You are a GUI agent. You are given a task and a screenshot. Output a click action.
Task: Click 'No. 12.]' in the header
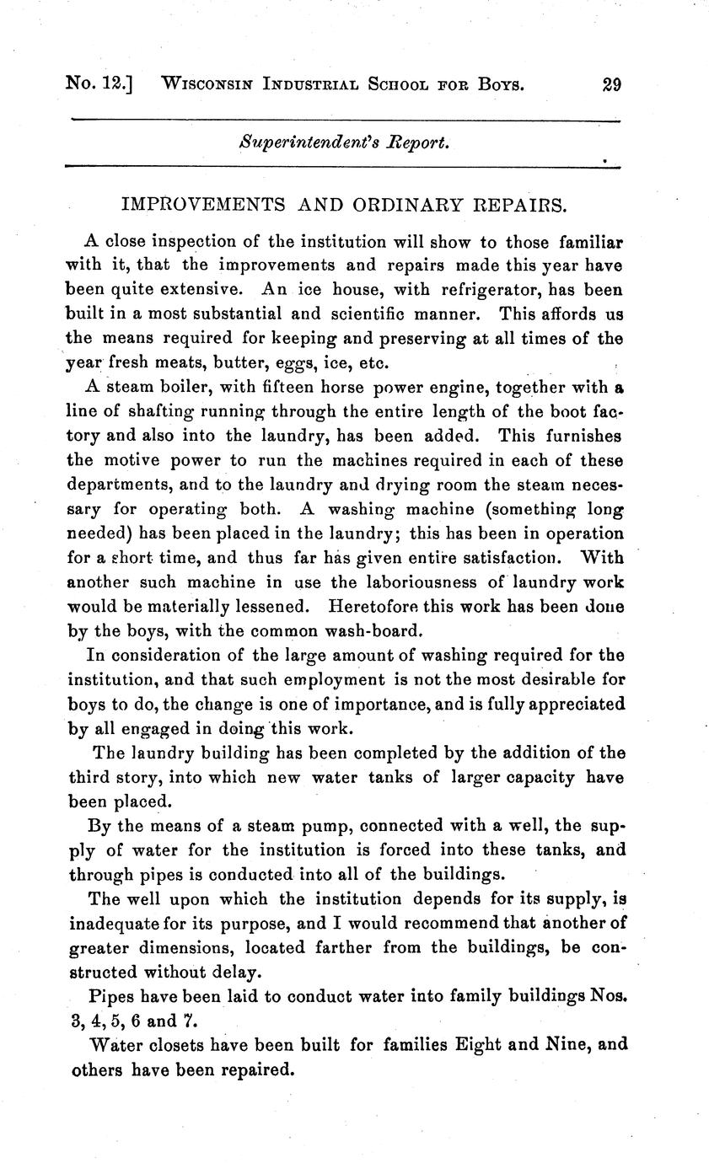(x=100, y=84)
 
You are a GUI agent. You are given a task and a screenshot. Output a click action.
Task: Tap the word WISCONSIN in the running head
(x=210, y=84)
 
